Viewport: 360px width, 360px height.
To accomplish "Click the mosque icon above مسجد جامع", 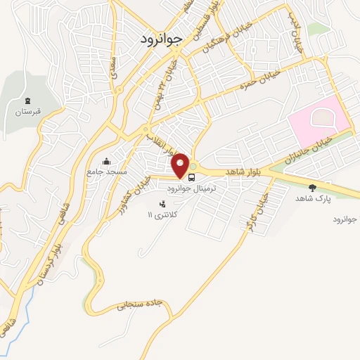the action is point(106,161).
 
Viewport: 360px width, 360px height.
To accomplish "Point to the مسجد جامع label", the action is point(106,172).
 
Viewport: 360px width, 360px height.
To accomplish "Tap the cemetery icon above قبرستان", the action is point(27,102).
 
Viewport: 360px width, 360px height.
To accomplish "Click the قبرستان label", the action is point(27,112).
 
